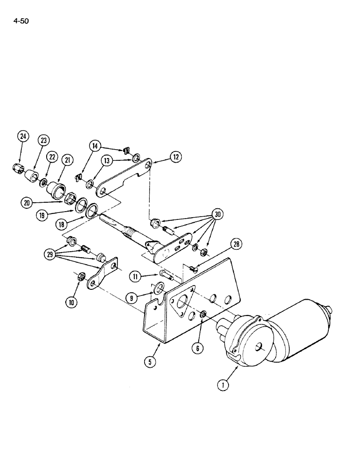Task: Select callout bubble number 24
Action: pyautogui.click(x=23, y=137)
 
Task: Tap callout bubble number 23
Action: pyautogui.click(x=44, y=140)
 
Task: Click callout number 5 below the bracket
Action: pyautogui.click(x=149, y=360)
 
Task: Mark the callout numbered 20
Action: pyautogui.click(x=27, y=202)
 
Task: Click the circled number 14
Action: pyautogui.click(x=95, y=146)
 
